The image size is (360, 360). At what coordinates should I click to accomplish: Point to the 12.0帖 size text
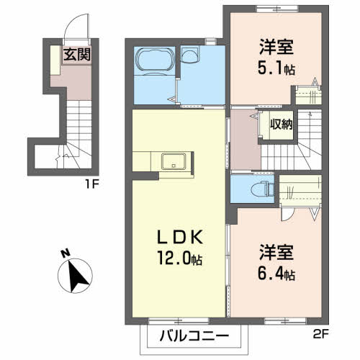pyautogui.click(x=178, y=260)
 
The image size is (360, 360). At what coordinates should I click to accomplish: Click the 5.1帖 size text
pyautogui.click(x=278, y=71)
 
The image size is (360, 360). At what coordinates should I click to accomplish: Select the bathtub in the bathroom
pyautogui.click(x=153, y=62)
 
